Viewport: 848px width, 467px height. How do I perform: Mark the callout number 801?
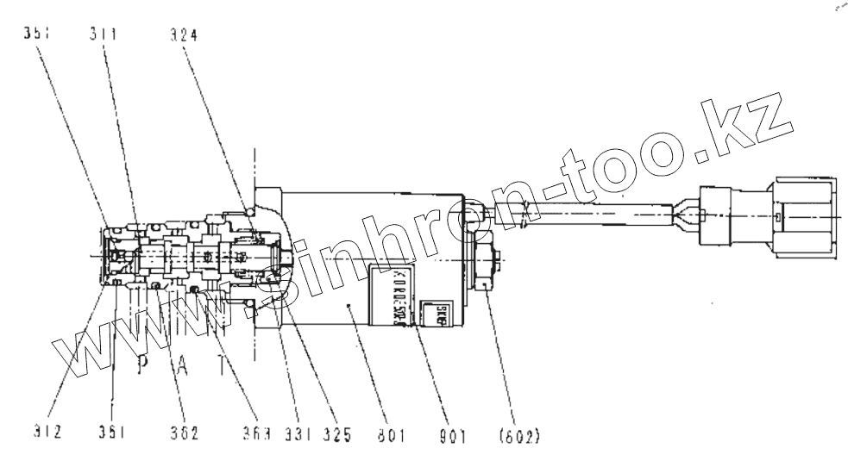392,434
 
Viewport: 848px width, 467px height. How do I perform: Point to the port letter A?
181,364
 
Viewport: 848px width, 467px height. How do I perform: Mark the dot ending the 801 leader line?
347,306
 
